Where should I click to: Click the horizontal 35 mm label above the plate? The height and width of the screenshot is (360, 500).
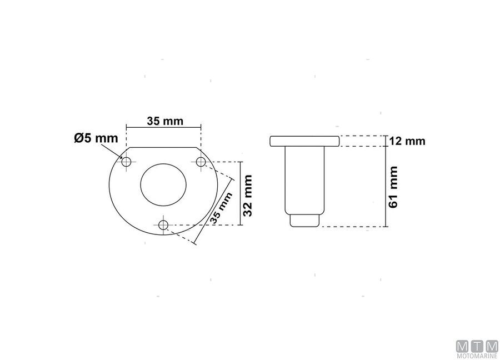click(x=164, y=120)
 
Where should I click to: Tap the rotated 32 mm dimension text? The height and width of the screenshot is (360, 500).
click(x=248, y=194)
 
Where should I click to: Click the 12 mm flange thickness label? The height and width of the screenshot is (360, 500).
click(x=407, y=141)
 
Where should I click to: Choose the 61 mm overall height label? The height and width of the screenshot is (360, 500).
click(x=393, y=186)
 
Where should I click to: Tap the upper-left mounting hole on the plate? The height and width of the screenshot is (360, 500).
click(x=127, y=162)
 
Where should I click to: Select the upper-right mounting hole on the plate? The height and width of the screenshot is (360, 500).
click(x=201, y=162)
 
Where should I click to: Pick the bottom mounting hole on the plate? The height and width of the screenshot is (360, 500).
click(x=163, y=224)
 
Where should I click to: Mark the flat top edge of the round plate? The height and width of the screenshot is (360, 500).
click(x=163, y=148)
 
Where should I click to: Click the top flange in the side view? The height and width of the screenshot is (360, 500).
click(x=304, y=141)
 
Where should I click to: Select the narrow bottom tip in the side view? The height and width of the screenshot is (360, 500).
click(x=304, y=221)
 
